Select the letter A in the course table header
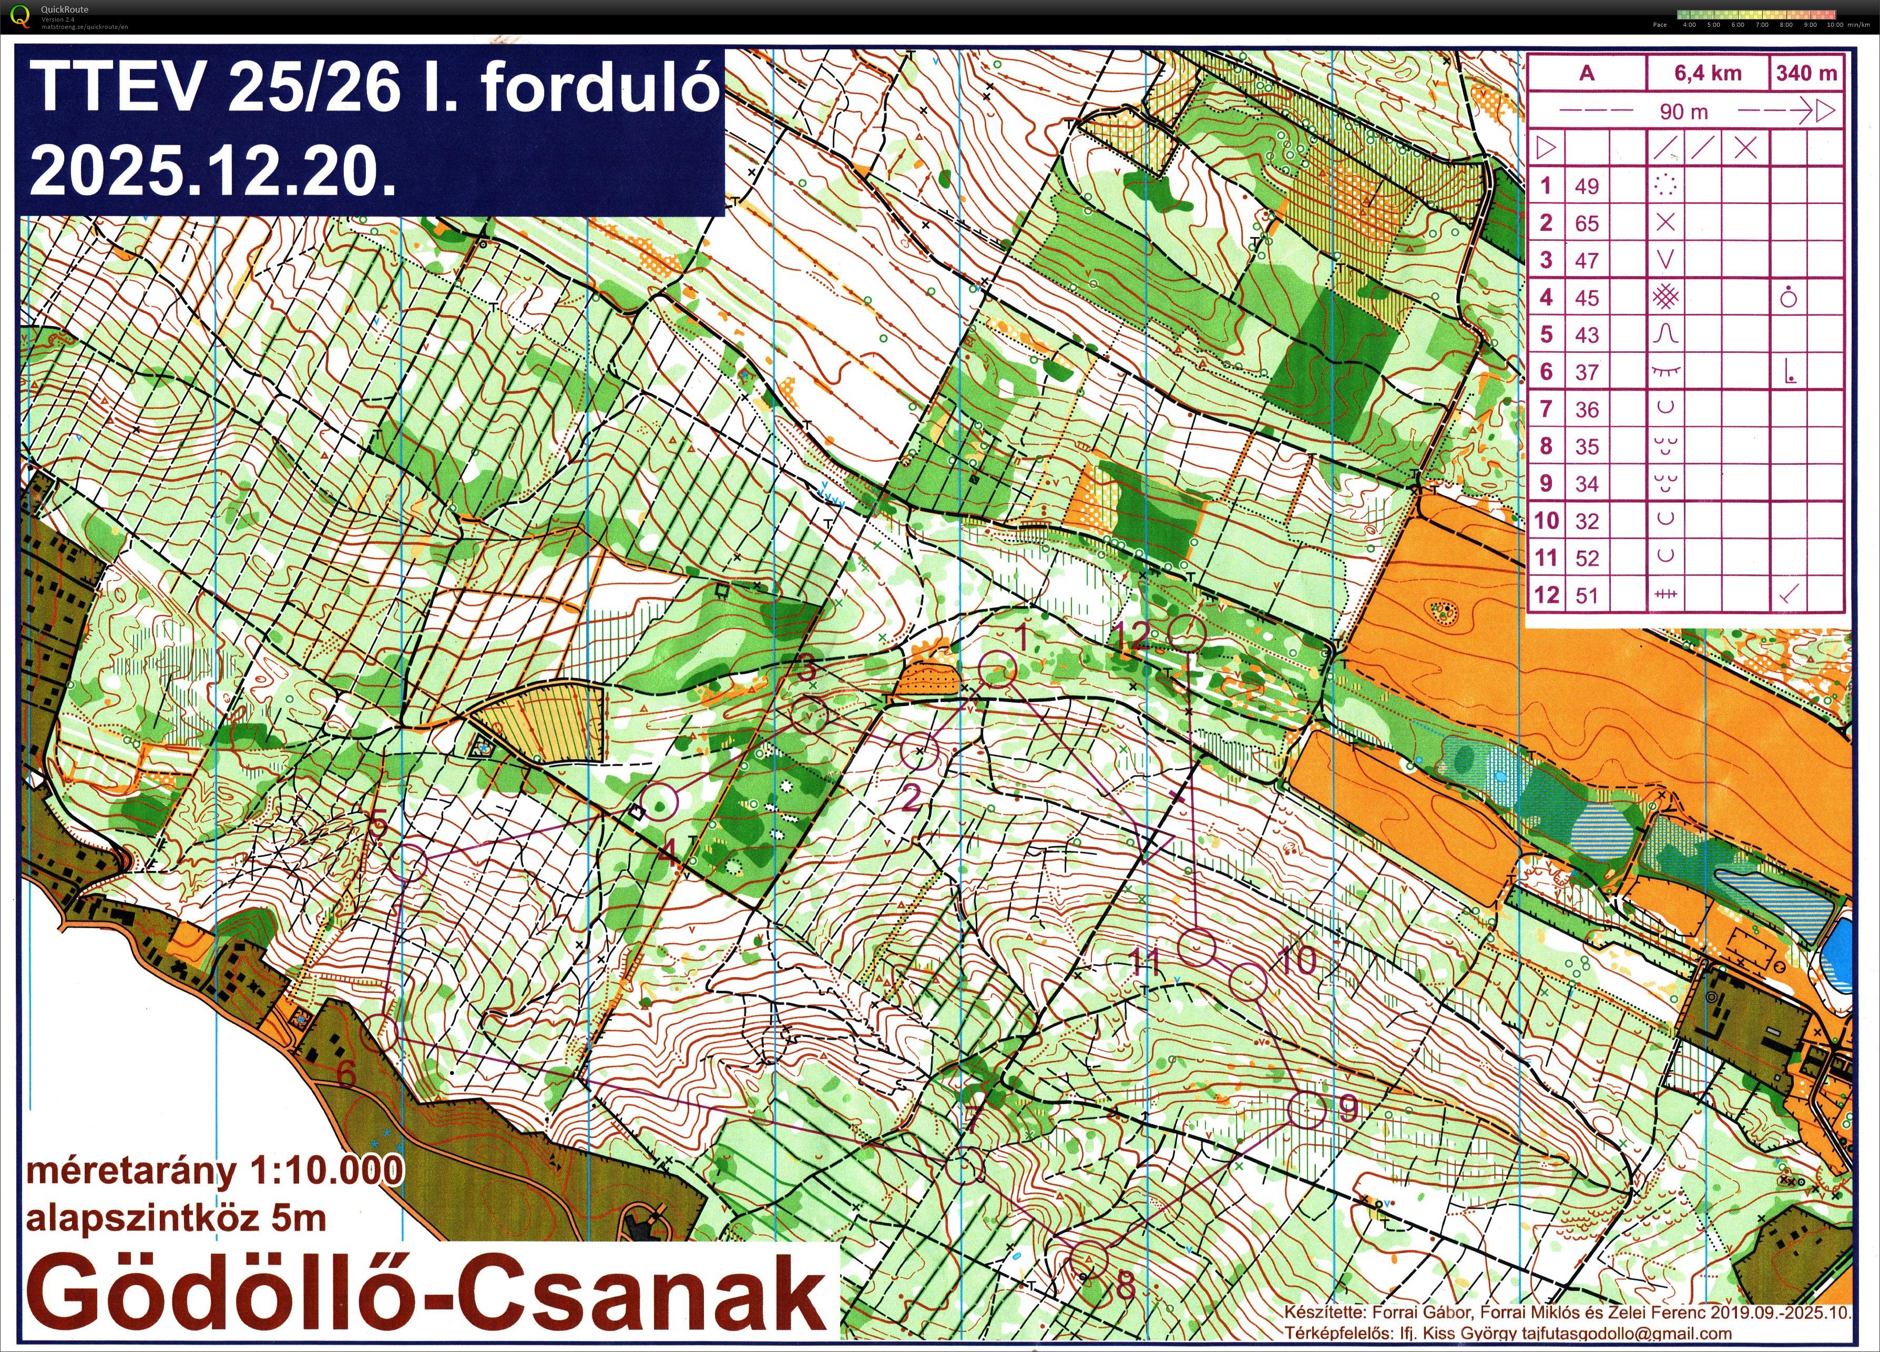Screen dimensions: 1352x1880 pos(1587,73)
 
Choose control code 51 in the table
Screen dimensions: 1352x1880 pos(1587,595)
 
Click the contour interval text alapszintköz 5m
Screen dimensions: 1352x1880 pos(176,1218)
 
